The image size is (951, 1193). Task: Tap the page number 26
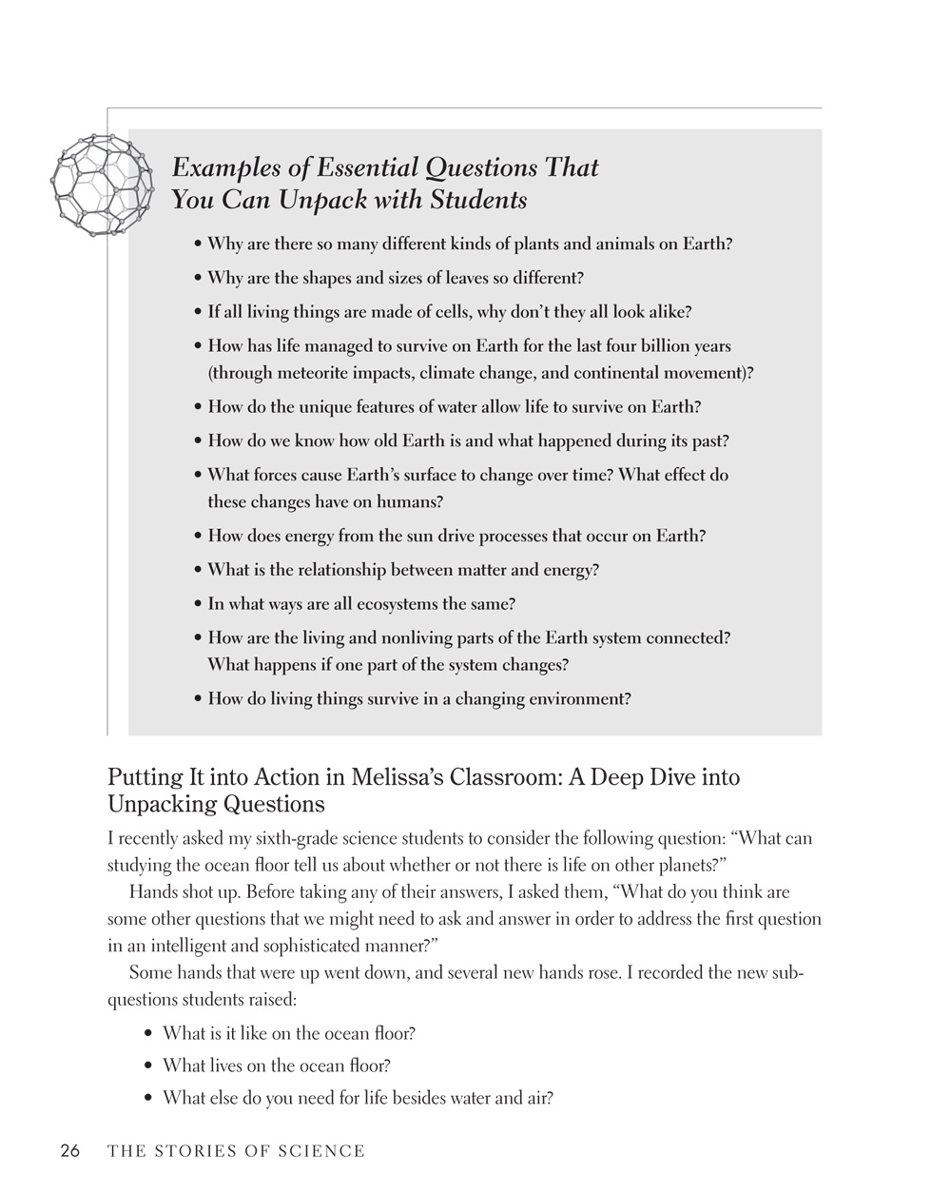[70, 1151]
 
